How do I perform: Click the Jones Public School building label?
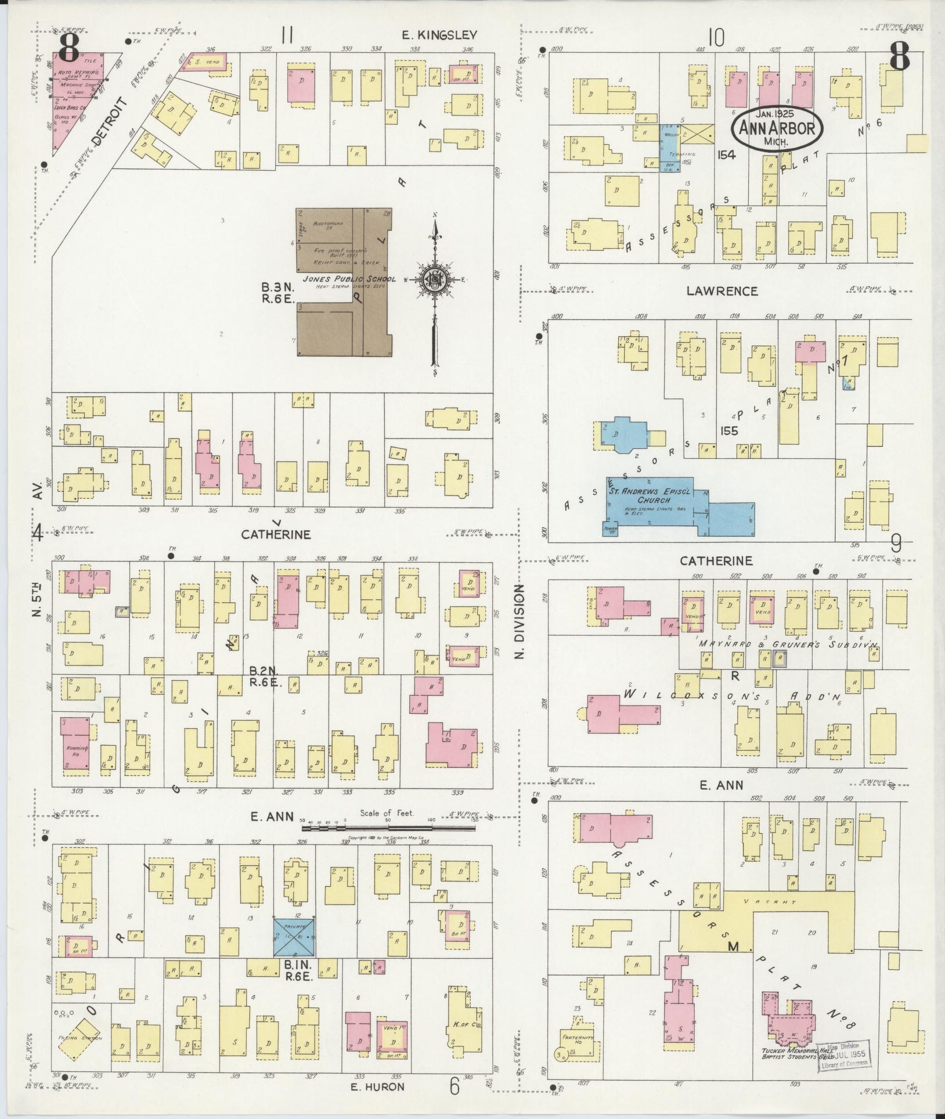(x=344, y=279)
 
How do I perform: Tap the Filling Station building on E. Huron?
(x=78, y=1038)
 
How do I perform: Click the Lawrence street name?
(x=722, y=292)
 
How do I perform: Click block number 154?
(x=726, y=155)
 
